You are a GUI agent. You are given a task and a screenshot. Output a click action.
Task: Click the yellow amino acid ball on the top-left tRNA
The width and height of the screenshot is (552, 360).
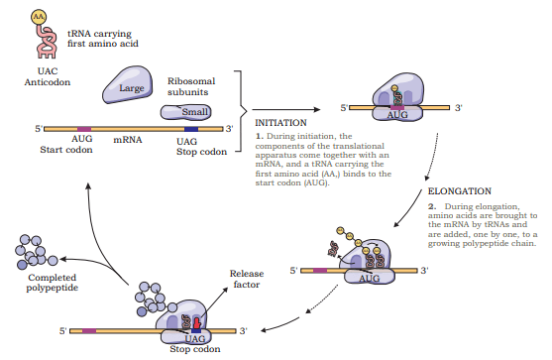pyautogui.click(x=39, y=17)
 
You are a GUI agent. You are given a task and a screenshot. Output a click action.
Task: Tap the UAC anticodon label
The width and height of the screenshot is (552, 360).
pyautogui.click(x=48, y=71)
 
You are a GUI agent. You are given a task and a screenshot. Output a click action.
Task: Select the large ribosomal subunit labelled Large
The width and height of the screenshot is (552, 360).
pyautogui.click(x=128, y=85)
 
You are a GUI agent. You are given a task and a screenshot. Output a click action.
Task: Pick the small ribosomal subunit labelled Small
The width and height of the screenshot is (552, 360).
pyautogui.click(x=186, y=112)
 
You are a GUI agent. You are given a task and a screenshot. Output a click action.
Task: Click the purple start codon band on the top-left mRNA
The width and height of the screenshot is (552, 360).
pyautogui.click(x=84, y=129)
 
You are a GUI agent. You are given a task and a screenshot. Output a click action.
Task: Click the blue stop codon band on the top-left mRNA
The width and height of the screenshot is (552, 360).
pyautogui.click(x=191, y=129)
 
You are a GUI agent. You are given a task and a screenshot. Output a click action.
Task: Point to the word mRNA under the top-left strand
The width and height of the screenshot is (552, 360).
pyautogui.click(x=128, y=140)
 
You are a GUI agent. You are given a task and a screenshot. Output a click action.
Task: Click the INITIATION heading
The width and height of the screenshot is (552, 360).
pyautogui.click(x=280, y=123)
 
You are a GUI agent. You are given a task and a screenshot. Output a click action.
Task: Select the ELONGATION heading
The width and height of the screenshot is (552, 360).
pyautogui.click(x=460, y=191)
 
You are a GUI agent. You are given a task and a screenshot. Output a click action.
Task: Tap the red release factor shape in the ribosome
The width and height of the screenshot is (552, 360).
pyautogui.click(x=196, y=323)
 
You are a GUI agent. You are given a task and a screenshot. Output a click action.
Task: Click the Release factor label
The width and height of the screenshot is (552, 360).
pyautogui.click(x=247, y=279)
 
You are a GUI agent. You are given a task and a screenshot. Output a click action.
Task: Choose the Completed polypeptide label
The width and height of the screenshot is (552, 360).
pyautogui.click(x=53, y=283)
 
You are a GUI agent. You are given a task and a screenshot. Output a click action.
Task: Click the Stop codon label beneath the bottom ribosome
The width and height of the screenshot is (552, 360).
pyautogui.click(x=195, y=349)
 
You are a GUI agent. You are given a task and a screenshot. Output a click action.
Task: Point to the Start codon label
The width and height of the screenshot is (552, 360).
pyautogui.click(x=66, y=150)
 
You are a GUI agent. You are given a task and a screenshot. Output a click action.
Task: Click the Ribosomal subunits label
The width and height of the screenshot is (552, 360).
pyautogui.click(x=191, y=86)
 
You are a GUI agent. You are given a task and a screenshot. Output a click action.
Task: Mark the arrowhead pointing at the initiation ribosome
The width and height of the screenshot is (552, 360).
pyautogui.click(x=317, y=109)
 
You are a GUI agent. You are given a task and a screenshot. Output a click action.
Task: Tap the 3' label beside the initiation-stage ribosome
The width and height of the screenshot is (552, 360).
pyautogui.click(x=458, y=108)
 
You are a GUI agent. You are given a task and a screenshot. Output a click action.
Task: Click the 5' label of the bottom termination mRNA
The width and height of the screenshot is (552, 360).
pyautogui.click(x=63, y=331)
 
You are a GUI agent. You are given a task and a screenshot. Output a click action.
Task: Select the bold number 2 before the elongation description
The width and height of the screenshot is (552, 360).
pyautogui.click(x=432, y=206)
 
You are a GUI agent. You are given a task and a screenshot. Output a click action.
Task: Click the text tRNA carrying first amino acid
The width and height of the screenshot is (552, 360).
pyautogui.click(x=103, y=39)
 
